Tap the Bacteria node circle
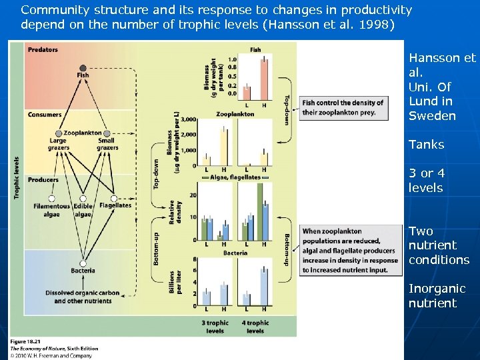(83, 264)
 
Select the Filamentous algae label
(51, 210)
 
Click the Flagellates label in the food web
(115, 205)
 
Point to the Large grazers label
(58, 144)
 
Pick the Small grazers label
(106, 144)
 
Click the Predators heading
(43, 50)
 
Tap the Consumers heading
(45, 115)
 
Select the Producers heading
(43, 180)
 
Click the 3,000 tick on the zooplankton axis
(189, 119)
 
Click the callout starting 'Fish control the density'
(343, 107)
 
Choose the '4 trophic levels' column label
(255, 327)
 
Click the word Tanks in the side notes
(427, 145)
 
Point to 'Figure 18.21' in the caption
(25, 342)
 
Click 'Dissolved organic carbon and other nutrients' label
(83, 297)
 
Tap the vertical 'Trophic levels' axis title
(17, 177)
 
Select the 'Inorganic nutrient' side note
(437, 296)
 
